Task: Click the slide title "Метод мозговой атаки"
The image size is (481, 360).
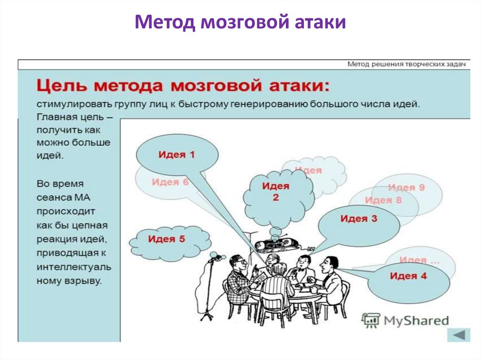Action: point(240,22)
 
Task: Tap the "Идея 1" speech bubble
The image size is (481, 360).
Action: point(177,154)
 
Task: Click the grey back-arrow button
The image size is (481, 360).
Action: point(458,335)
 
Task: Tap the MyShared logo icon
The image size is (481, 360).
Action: point(370,321)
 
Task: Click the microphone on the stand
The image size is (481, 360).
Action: point(217,257)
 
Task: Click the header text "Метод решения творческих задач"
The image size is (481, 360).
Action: point(406,64)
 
